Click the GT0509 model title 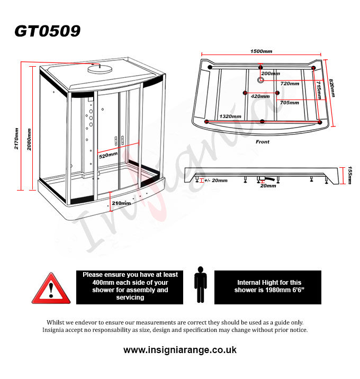pyautogui.click(x=48, y=31)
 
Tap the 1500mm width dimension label pyautogui.click(x=261, y=51)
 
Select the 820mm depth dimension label pyautogui.click(x=332, y=88)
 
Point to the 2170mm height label pyautogui.click(x=16, y=139)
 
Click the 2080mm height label pyautogui.click(x=29, y=139)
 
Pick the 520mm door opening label pyautogui.click(x=108, y=155)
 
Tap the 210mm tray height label pyautogui.click(x=121, y=203)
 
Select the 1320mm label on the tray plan pyautogui.click(x=230, y=116)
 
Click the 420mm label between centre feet pyautogui.click(x=260, y=96)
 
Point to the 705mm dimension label pyautogui.click(x=290, y=103)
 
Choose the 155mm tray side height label pyautogui.click(x=349, y=175)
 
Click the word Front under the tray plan pyautogui.click(x=263, y=142)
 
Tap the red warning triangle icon pyautogui.click(x=51, y=288)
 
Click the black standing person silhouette pyautogui.click(x=201, y=284)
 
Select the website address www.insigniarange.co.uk pyautogui.click(x=180, y=350)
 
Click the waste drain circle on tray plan pyautogui.click(x=260, y=80)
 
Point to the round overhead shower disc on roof pyautogui.click(x=100, y=69)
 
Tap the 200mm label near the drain pyautogui.click(x=271, y=74)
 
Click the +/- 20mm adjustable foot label pyautogui.click(x=216, y=181)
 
